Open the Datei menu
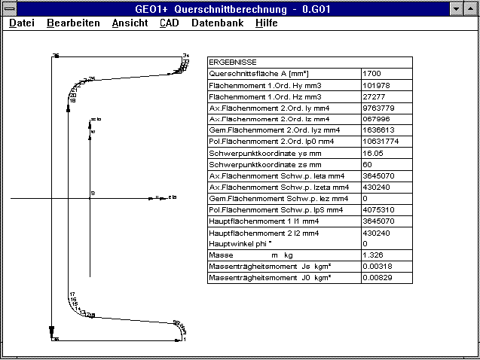(x=22, y=23)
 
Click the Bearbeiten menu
(x=73, y=23)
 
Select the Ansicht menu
(x=130, y=23)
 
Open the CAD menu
(x=170, y=23)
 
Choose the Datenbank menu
(x=217, y=23)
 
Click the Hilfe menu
(x=267, y=23)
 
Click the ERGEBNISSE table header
(x=233, y=63)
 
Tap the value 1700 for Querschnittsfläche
(x=372, y=74)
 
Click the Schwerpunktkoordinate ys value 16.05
(x=373, y=153)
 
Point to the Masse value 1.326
(x=373, y=255)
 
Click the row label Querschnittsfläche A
(x=256, y=74)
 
